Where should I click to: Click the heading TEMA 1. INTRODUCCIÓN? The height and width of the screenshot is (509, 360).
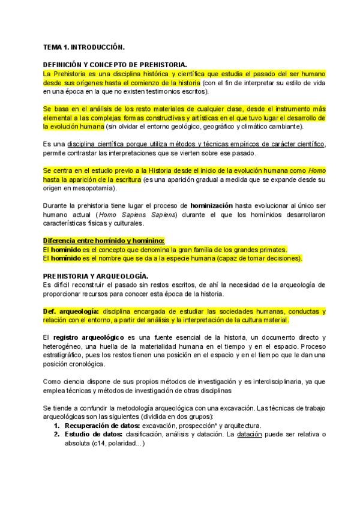(x=84, y=46)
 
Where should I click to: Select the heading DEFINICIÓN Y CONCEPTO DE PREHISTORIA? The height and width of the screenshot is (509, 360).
(x=115, y=64)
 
